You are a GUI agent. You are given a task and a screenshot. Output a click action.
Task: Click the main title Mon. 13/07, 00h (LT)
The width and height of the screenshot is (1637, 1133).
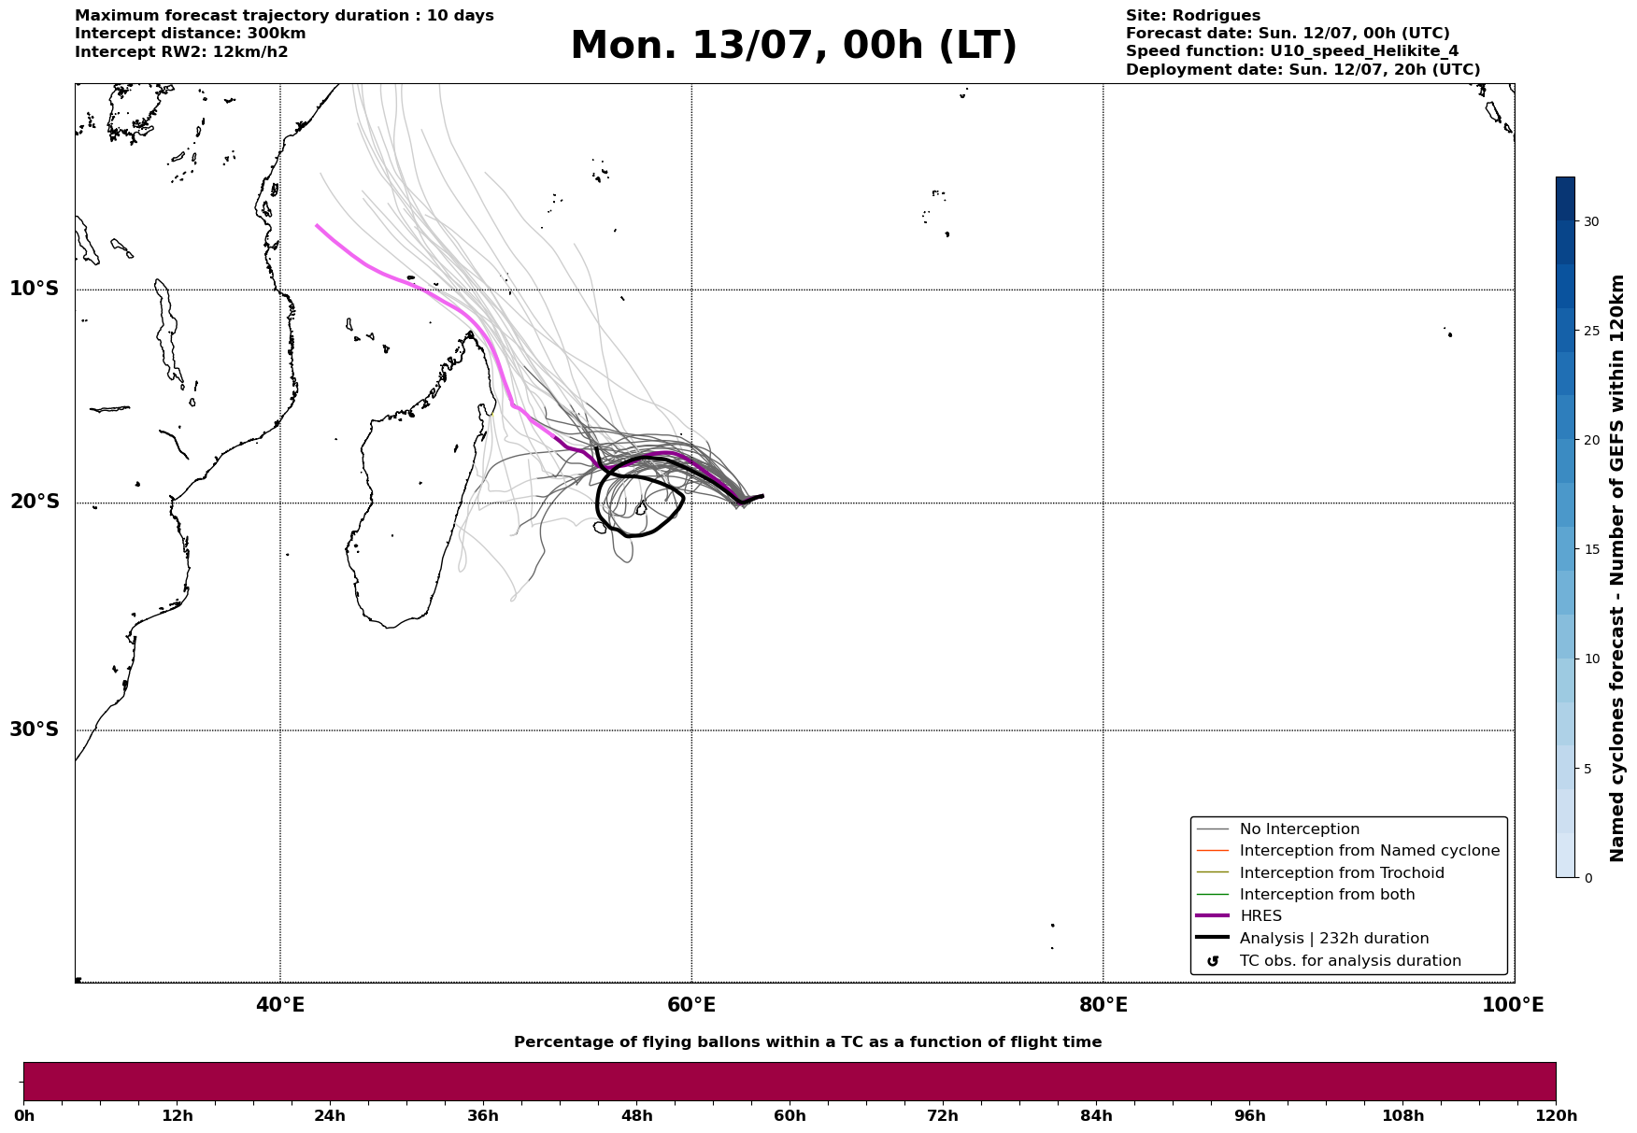click(x=793, y=46)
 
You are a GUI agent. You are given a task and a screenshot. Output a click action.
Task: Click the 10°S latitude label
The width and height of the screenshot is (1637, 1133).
click(x=34, y=289)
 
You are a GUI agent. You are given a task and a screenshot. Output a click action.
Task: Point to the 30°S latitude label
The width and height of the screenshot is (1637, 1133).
click(x=34, y=729)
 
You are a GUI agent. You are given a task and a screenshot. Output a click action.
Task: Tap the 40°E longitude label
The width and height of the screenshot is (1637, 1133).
click(x=280, y=1005)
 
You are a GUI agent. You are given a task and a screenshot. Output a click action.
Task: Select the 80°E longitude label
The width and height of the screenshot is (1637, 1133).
click(x=1103, y=1005)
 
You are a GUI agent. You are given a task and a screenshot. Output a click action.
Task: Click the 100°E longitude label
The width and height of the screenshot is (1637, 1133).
click(x=1513, y=1005)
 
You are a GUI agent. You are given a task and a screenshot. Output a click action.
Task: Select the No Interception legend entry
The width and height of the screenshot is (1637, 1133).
click(x=1277, y=829)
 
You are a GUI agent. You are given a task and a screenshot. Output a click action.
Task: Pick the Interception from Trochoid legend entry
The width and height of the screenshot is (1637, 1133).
click(x=1319, y=873)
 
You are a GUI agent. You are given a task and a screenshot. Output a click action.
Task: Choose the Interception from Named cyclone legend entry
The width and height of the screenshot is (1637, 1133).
click(x=1347, y=851)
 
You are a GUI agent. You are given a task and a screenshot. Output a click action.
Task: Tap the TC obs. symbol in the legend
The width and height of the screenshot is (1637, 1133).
click(x=1213, y=961)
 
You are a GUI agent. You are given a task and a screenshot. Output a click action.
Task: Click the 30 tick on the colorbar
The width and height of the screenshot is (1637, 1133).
click(x=1590, y=221)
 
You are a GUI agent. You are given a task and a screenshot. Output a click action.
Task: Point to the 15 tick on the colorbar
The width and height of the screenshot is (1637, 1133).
click(x=1590, y=549)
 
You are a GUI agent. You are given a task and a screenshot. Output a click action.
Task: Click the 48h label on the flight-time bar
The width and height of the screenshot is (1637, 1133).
click(x=636, y=1115)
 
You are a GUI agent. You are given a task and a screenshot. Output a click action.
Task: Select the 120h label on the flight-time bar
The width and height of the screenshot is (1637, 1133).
click(x=1556, y=1115)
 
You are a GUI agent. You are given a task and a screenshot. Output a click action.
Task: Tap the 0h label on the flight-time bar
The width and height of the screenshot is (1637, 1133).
click(x=23, y=1115)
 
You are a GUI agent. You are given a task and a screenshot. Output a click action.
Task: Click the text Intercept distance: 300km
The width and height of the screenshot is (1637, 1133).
click(x=191, y=34)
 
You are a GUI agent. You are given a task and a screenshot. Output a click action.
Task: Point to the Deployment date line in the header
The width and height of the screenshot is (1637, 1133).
click(x=1302, y=70)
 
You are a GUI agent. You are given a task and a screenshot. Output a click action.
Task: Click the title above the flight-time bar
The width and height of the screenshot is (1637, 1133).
click(x=807, y=1042)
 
